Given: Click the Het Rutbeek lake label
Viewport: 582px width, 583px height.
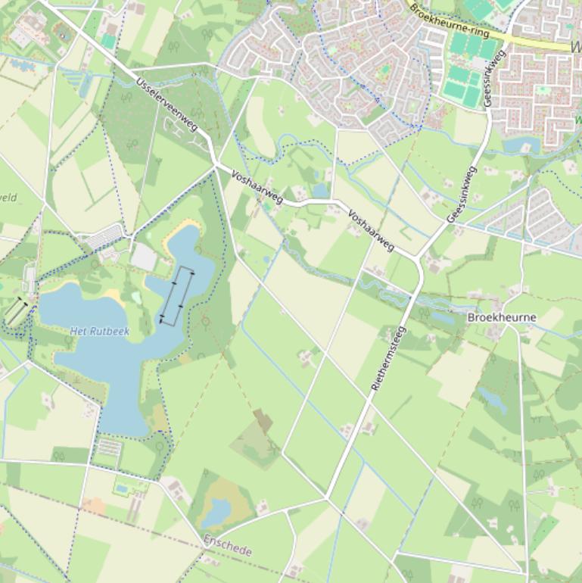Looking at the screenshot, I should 100,332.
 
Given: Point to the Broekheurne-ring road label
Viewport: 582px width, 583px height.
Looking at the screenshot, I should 449,22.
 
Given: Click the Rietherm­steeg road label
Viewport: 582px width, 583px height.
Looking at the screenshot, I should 389,358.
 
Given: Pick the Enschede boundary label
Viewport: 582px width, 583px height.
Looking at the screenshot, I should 227,545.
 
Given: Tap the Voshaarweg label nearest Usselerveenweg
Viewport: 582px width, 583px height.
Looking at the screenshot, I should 257,186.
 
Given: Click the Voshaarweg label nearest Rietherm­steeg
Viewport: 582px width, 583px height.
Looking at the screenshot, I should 371,230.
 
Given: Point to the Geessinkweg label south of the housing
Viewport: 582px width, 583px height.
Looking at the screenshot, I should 462,195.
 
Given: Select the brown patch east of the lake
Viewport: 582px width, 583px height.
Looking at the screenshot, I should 263,420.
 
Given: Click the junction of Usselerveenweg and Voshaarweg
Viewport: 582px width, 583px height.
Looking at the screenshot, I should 216,164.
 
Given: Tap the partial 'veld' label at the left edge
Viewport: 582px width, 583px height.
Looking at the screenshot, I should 8,198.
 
